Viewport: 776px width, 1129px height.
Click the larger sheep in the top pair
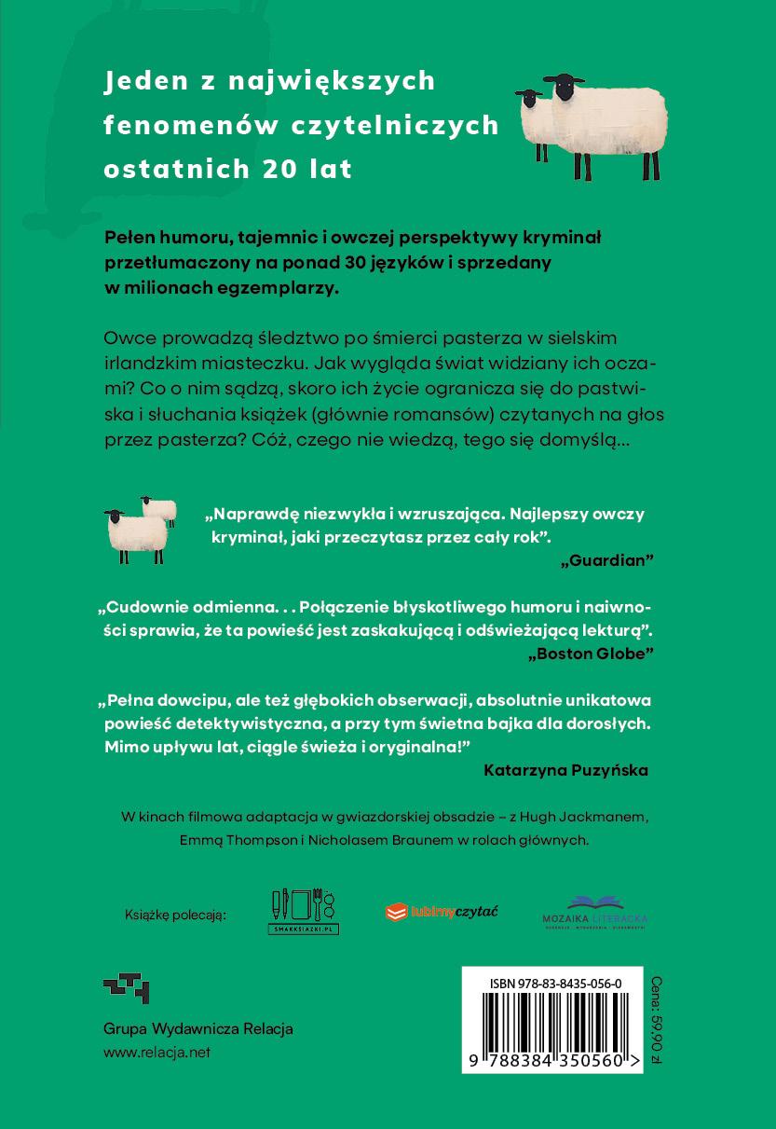point(610,121)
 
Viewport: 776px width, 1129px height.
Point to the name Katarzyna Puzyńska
point(566,770)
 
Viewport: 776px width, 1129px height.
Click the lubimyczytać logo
point(441,912)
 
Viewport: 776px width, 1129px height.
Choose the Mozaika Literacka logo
point(594,912)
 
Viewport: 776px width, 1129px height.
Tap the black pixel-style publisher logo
point(126,988)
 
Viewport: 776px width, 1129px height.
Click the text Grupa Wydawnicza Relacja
point(197,1029)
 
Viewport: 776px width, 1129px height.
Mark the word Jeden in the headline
point(145,81)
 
